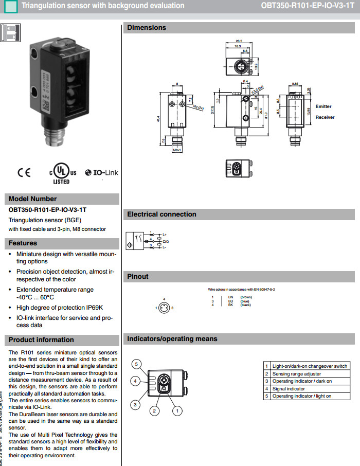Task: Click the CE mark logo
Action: pos(24,173)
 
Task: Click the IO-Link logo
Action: pos(102,173)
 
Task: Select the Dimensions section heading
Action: pos(147,28)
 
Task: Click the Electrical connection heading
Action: pos(161,214)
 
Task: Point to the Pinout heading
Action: pos(138,277)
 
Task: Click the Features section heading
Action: pos(23,243)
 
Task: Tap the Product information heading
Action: pos(41,340)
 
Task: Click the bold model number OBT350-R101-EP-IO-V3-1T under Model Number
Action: pos(47,210)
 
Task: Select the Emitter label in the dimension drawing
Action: pos(323,106)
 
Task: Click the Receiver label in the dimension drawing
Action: pos(325,117)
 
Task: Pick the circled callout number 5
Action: pos(136,364)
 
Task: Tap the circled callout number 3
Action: pos(135,405)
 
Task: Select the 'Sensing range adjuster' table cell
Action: pos(297,374)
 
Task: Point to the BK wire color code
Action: pos(231,305)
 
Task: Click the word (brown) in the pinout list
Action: pos(246,297)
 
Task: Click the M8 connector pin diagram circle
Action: pos(164,308)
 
